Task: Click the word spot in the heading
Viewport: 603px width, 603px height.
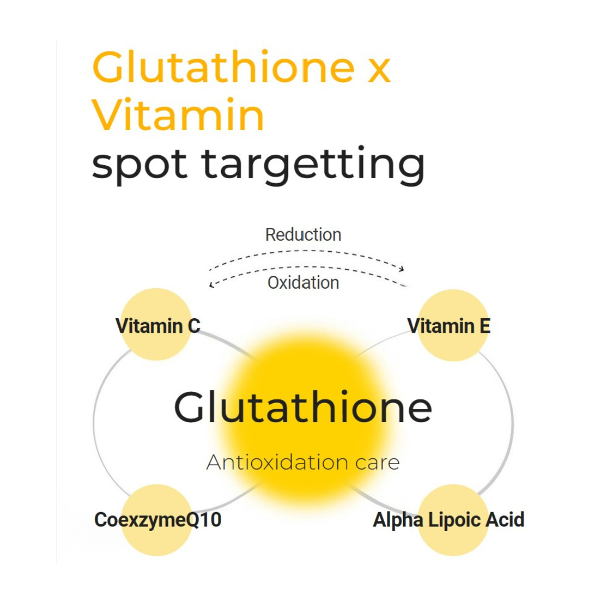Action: (x=140, y=164)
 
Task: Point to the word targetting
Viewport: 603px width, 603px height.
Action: (x=313, y=165)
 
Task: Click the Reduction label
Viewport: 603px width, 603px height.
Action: (x=303, y=234)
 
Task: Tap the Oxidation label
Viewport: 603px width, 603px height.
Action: (x=303, y=283)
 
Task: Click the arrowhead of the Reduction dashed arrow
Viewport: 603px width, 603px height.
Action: (x=401, y=267)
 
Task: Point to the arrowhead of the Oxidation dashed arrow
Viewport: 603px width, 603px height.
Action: (x=211, y=285)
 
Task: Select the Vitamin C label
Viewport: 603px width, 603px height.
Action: (x=157, y=326)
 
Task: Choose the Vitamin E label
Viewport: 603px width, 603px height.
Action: (x=449, y=326)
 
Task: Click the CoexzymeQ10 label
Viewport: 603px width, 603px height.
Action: (x=158, y=520)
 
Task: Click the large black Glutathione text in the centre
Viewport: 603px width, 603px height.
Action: (x=303, y=408)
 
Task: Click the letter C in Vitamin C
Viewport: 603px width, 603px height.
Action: (x=193, y=326)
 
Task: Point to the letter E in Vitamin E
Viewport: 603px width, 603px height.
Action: (x=484, y=326)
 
